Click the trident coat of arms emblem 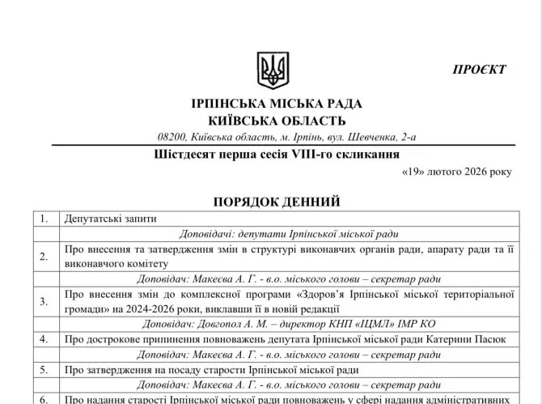[273, 70]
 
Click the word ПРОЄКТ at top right [479, 70]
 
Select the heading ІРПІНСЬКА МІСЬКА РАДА [277, 104]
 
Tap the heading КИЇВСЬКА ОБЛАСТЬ [277, 121]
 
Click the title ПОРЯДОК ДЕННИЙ [277, 201]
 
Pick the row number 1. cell [44, 218]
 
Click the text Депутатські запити [110, 218]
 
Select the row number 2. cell [44, 256]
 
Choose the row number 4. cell [44, 338]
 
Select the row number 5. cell [44, 369]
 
